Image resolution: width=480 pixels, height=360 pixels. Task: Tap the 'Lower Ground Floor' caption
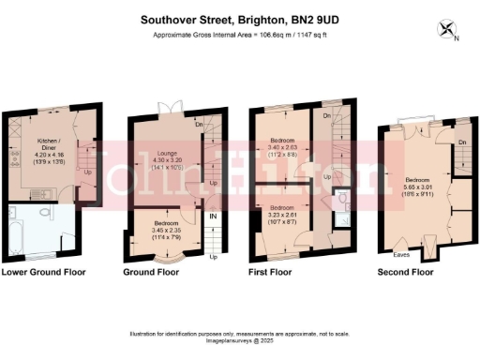44,273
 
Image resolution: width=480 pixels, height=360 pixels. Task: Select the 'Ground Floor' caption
151,273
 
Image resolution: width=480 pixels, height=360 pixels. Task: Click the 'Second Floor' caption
405,273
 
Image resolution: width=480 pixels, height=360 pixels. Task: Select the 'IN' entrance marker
214,217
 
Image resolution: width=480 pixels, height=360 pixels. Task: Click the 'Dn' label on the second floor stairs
462,142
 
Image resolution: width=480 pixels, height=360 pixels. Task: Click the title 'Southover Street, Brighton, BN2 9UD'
240,18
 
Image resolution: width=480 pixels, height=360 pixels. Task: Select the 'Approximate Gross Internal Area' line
240,36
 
